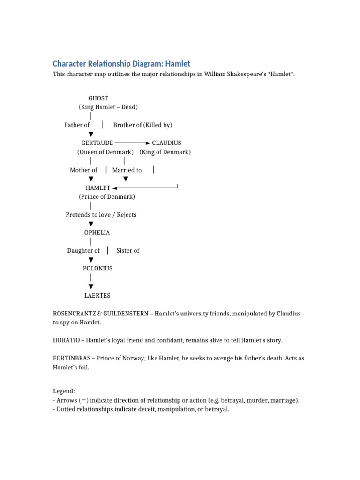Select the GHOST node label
click(x=98, y=98)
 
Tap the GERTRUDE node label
click(x=97, y=143)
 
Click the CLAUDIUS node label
click(x=166, y=143)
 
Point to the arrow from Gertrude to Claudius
click(x=133, y=142)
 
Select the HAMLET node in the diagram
click(x=98, y=188)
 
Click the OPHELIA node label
click(x=97, y=232)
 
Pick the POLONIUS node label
click(x=97, y=269)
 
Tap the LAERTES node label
click(x=97, y=296)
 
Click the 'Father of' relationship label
click(x=77, y=125)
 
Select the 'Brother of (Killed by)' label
click(x=142, y=125)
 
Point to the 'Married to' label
click(x=127, y=170)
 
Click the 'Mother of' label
click(x=83, y=170)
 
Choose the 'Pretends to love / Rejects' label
click(x=101, y=215)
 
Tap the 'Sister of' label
click(x=127, y=251)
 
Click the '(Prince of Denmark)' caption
click(x=107, y=197)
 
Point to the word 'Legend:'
click(x=64, y=391)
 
